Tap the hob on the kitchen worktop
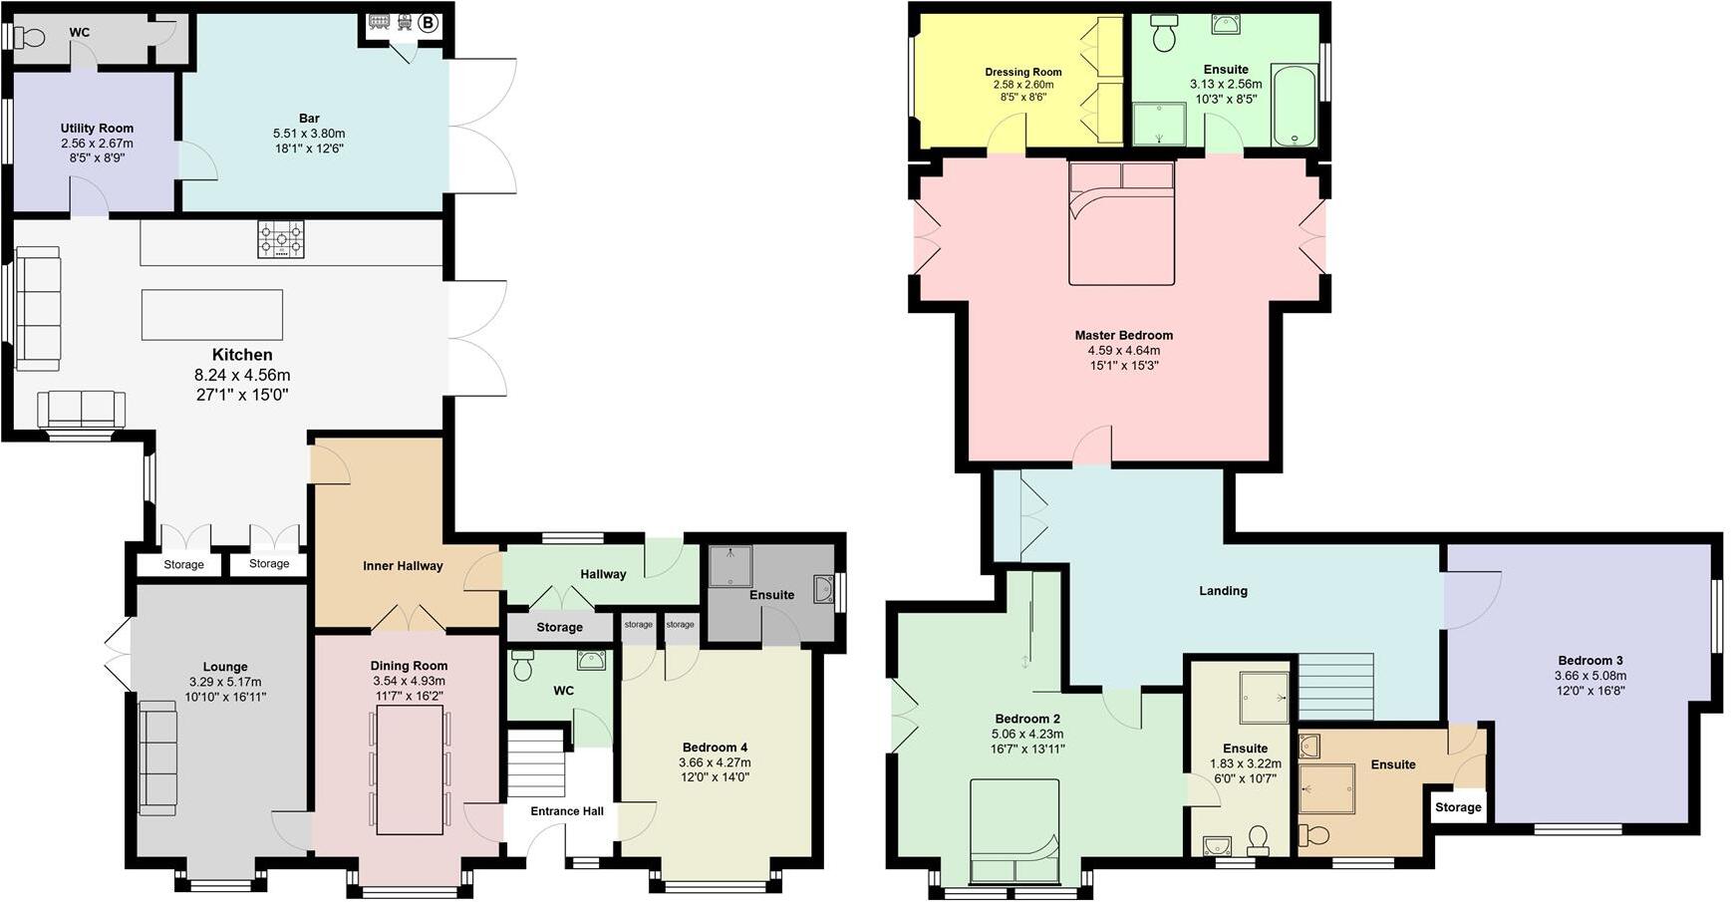point(281,240)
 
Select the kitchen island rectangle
point(212,315)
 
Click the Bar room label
point(309,119)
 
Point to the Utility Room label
point(97,128)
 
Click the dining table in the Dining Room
point(410,770)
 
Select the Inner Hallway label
point(403,566)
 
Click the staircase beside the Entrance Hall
point(536,764)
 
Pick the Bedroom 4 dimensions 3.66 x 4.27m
point(715,762)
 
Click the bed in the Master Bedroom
point(1121,223)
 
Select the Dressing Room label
point(1022,72)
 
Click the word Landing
point(1223,591)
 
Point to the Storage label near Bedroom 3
point(1458,807)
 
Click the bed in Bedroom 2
point(1013,832)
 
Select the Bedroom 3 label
point(1590,661)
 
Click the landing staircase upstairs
point(1335,687)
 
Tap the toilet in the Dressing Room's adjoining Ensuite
point(1163,36)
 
